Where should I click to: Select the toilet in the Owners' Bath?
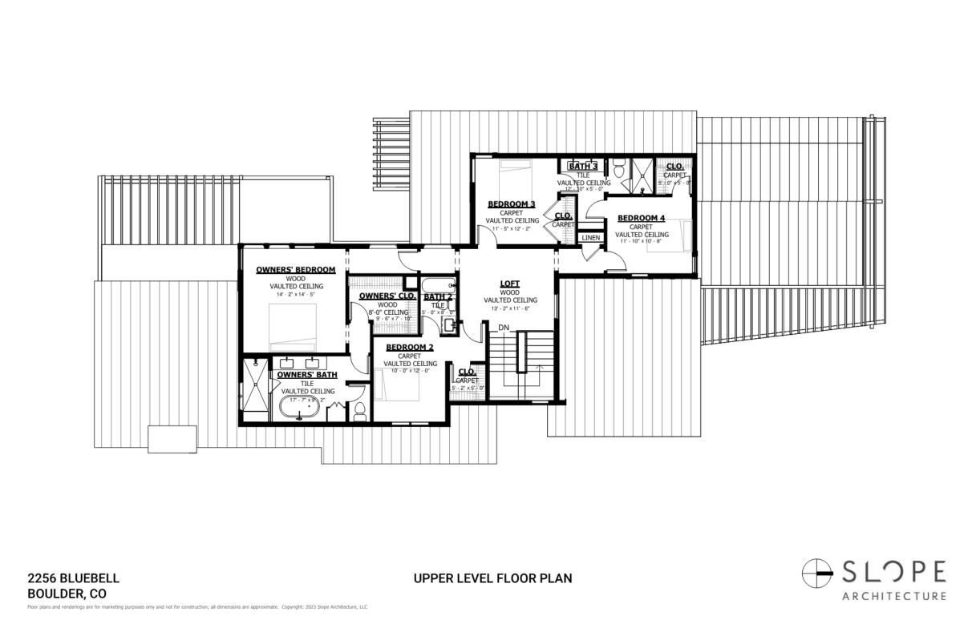click(359, 411)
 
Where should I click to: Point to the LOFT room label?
click(509, 284)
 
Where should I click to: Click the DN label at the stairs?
click(504, 328)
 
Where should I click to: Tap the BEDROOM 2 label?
click(409, 347)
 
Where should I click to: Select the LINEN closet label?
click(590, 238)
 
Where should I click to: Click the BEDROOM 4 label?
click(641, 218)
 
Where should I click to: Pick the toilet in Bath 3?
click(618, 170)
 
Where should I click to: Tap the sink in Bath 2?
click(448, 325)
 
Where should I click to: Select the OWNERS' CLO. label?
click(387, 296)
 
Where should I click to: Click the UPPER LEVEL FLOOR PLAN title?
click(492, 578)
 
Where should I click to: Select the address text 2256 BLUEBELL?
click(73, 578)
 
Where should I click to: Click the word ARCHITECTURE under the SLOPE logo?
click(893, 595)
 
